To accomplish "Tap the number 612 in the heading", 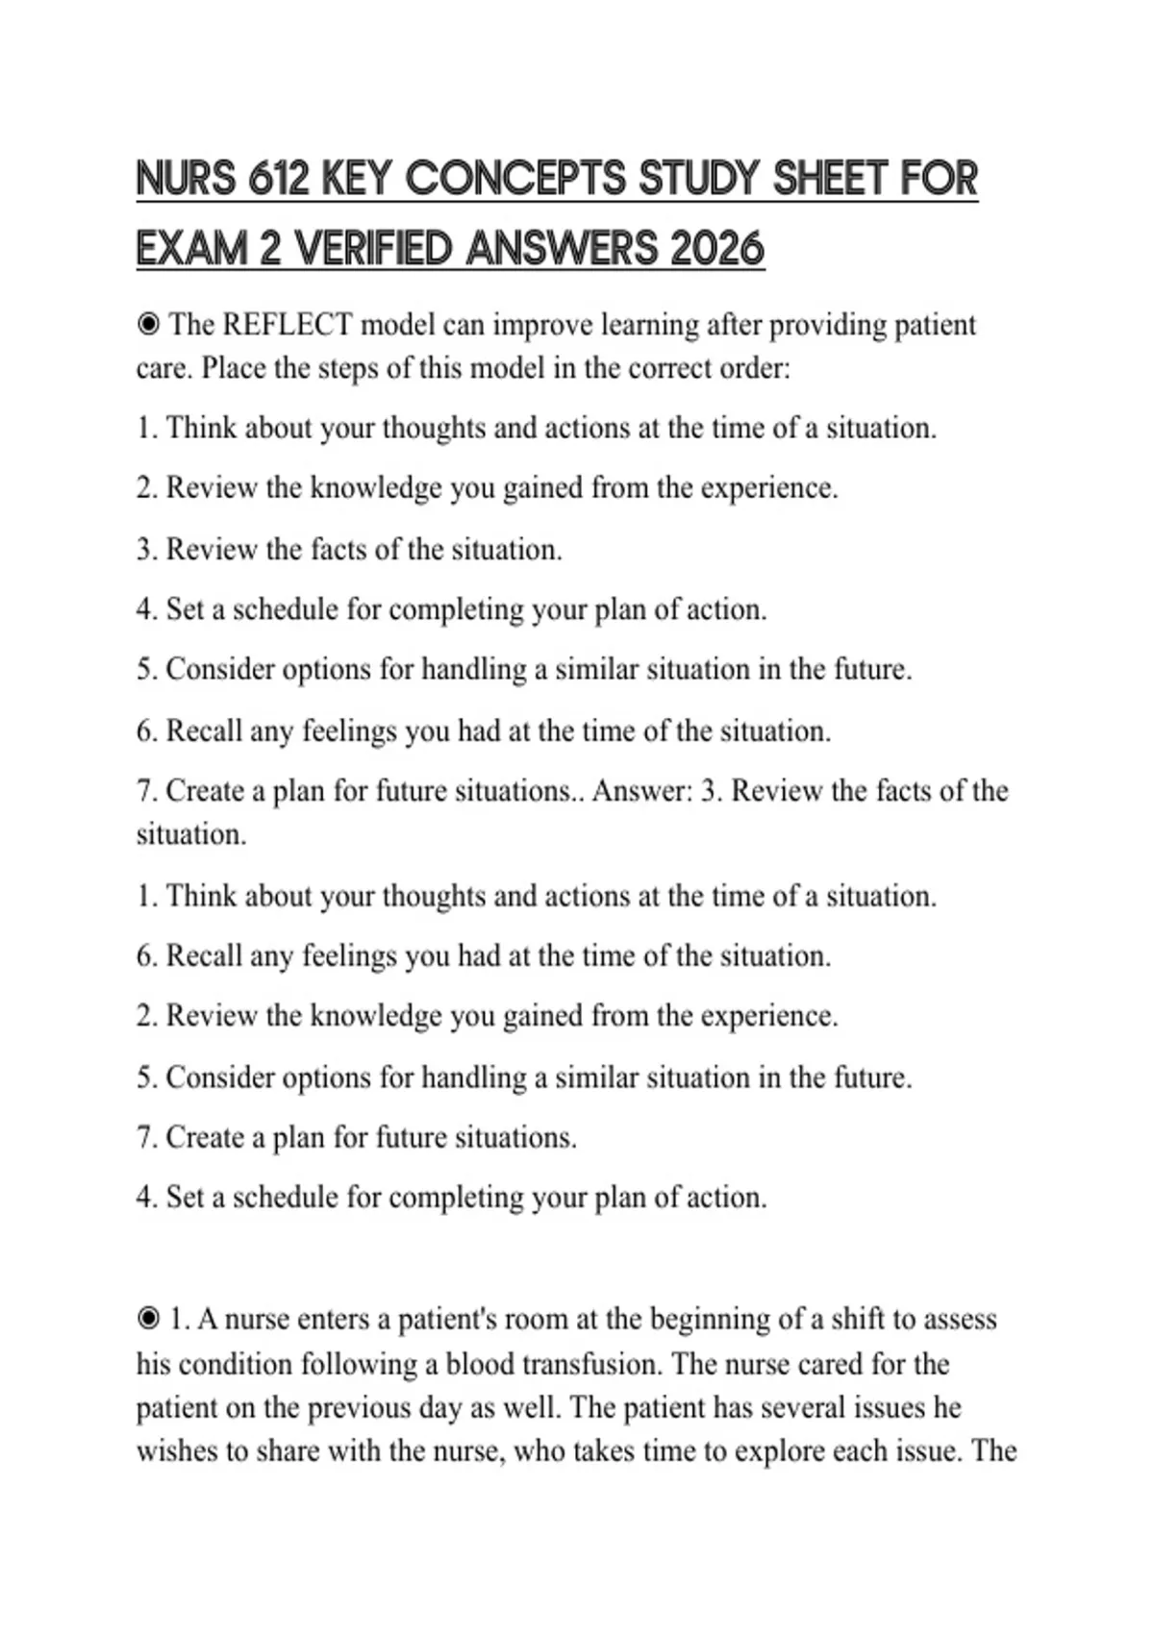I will tap(279, 180).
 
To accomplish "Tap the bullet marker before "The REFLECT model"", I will tap(148, 325).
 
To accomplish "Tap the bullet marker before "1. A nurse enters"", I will tap(148, 1319).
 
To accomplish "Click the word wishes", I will tap(177, 1450).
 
